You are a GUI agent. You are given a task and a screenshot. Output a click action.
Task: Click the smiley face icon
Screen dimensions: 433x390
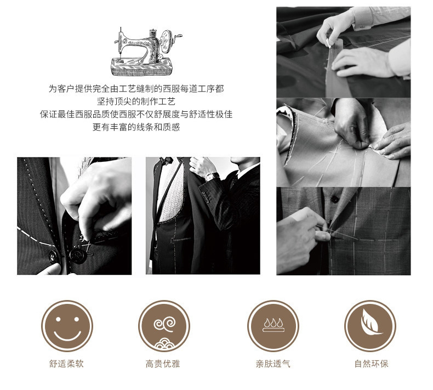67,326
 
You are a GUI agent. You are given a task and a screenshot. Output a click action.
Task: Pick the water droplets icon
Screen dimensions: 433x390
273,325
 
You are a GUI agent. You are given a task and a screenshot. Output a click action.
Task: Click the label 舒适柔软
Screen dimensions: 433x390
66,364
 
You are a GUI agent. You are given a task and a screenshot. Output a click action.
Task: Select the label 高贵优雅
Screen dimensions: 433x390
163,364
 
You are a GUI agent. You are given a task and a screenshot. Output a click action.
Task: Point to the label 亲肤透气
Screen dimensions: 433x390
273,364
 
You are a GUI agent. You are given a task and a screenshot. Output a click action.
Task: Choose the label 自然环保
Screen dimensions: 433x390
371,364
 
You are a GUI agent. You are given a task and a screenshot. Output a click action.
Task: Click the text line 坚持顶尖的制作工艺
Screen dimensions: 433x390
136,101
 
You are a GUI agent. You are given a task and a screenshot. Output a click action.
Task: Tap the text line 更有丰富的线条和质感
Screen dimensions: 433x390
136,127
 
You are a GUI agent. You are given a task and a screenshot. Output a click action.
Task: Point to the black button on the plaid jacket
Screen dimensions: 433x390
334,199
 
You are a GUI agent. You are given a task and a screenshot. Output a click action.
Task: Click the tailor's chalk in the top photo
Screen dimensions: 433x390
329,43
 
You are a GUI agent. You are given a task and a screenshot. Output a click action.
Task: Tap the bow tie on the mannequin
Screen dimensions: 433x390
167,160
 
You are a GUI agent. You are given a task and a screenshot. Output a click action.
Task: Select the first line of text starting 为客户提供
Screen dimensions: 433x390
136,89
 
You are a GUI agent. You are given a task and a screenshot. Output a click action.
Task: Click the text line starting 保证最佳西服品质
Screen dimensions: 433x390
136,114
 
